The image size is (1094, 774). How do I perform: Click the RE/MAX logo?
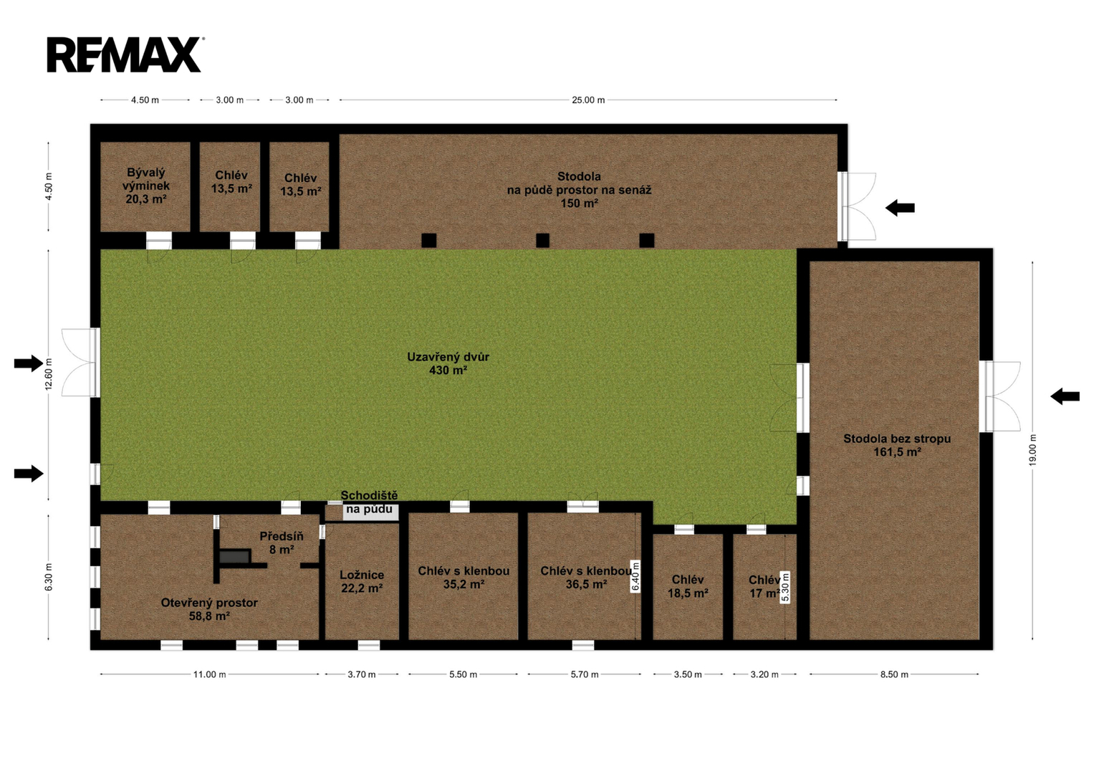pyautogui.click(x=125, y=54)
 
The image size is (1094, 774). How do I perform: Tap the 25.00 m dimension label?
pyautogui.click(x=588, y=100)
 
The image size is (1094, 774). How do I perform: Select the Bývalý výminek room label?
pyautogui.click(x=145, y=186)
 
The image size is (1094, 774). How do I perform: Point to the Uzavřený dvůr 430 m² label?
pyautogui.click(x=448, y=363)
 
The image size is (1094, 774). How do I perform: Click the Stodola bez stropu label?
pyautogui.click(x=897, y=445)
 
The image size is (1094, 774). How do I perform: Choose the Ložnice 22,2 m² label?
pyautogui.click(x=362, y=581)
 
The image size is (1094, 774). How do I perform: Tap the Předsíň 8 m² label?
pyautogui.click(x=282, y=543)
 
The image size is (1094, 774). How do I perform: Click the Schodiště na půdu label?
pyautogui.click(x=369, y=502)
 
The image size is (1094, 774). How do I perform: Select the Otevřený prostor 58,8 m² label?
pyautogui.click(x=209, y=609)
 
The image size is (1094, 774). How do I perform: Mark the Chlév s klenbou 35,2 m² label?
pyautogui.click(x=464, y=577)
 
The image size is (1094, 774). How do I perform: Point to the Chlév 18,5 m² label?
pyautogui.click(x=688, y=586)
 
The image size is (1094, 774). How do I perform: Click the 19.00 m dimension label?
pyautogui.click(x=1032, y=449)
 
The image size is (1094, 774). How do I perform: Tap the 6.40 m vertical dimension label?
pyautogui.click(x=635, y=577)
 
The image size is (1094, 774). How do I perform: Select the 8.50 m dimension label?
pyautogui.click(x=894, y=674)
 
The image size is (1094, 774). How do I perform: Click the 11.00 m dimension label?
pyautogui.click(x=209, y=674)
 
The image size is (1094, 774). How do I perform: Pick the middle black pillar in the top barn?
pyautogui.click(x=542, y=240)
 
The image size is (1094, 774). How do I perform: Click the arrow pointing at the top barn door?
pyautogui.click(x=900, y=208)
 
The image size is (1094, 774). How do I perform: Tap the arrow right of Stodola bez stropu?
pyautogui.click(x=1065, y=396)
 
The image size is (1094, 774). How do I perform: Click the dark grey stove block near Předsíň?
pyautogui.click(x=234, y=557)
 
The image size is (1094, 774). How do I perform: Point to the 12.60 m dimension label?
pyautogui.click(x=48, y=374)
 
